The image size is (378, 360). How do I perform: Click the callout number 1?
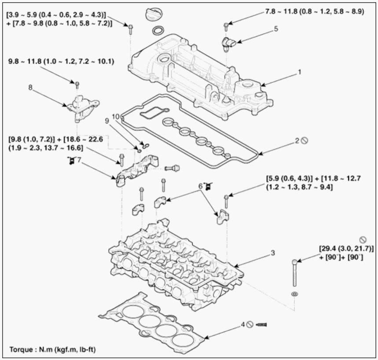tap(300, 72)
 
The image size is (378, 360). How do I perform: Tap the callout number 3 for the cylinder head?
tap(273, 253)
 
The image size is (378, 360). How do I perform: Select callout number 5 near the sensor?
tap(276, 29)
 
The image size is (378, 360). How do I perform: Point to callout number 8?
tap(30, 87)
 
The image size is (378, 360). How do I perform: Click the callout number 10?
tap(116, 117)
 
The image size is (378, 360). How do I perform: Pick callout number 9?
tap(107, 121)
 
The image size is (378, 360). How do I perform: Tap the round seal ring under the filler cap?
tap(158, 31)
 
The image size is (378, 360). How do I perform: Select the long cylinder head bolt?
tap(294, 273)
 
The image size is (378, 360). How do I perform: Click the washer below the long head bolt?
tap(294, 294)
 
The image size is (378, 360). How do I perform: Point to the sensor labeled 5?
tap(228, 44)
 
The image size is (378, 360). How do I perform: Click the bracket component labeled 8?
tap(82, 109)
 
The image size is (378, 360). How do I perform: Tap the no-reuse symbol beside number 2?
tap(305, 140)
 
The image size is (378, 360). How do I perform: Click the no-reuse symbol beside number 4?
tap(250, 325)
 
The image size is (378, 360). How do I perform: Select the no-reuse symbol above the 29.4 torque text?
tap(363, 240)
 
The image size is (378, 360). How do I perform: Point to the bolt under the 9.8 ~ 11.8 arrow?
tap(77, 85)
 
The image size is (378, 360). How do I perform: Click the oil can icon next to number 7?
tap(71, 160)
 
